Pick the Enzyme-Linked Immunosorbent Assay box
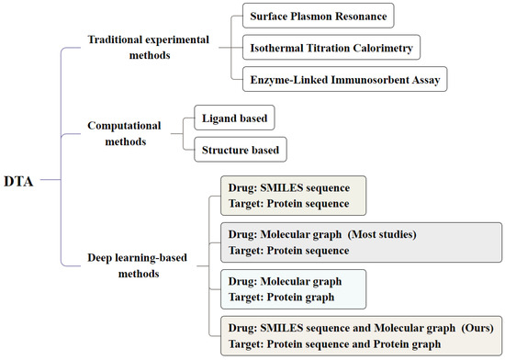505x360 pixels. [346, 80]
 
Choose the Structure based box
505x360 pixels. [238, 149]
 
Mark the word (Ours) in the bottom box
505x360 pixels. [474, 327]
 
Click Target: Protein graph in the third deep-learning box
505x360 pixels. [280, 296]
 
